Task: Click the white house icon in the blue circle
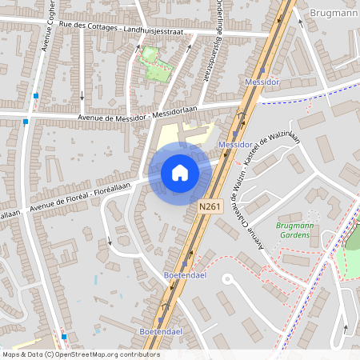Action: tap(180, 173)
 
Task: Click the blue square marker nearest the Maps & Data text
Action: tap(63, 337)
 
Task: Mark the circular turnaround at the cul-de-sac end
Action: tap(226, 280)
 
